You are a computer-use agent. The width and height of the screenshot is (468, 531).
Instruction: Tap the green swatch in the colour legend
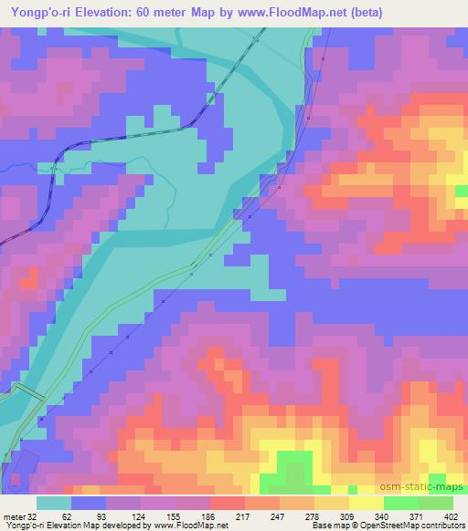(x=399, y=503)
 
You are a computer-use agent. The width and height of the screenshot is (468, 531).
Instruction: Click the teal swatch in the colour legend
(x=53, y=503)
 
